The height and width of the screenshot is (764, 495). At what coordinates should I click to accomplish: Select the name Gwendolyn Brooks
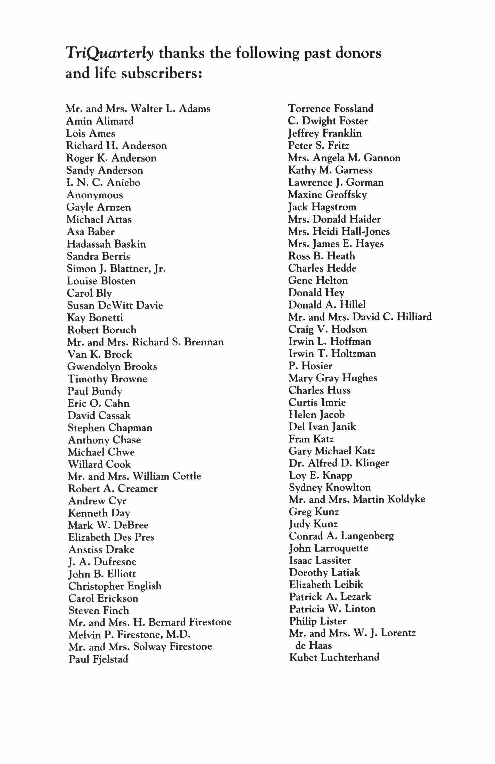pyautogui.click(x=112, y=367)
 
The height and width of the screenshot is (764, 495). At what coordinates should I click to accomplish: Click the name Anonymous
pyautogui.click(x=95, y=195)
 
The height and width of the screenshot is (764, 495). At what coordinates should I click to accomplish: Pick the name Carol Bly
pyautogui.click(x=89, y=293)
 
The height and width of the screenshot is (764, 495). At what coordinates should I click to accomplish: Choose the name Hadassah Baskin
pyautogui.click(x=106, y=244)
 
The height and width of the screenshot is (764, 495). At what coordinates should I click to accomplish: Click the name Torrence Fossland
pyautogui.click(x=330, y=108)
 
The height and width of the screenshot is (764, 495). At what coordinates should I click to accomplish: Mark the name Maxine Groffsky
pyautogui.click(x=327, y=194)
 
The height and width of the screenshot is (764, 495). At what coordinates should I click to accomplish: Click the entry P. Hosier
pyautogui.click(x=310, y=366)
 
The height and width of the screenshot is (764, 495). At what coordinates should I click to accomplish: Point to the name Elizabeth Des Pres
pyautogui.click(x=111, y=537)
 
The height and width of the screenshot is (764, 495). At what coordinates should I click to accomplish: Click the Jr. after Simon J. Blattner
pyautogui.click(x=159, y=268)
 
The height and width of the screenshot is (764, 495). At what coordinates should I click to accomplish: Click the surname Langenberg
pyautogui.click(x=367, y=536)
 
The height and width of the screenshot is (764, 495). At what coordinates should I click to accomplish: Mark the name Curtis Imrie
pyautogui.click(x=317, y=402)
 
